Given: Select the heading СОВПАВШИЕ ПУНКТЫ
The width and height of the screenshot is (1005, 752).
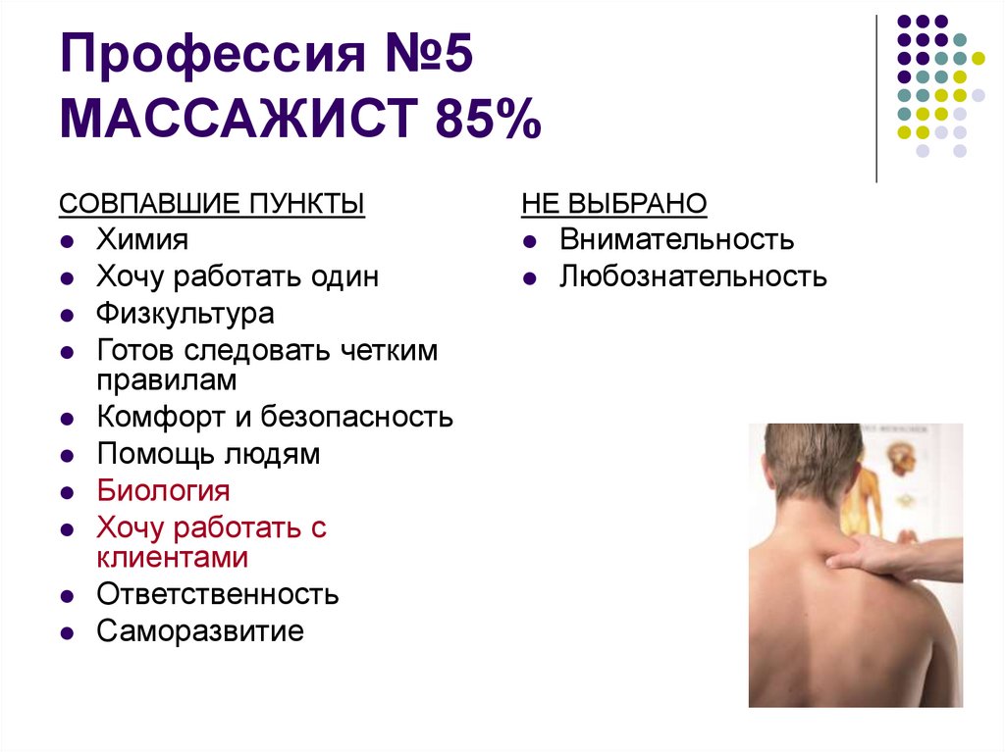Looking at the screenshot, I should (x=212, y=204).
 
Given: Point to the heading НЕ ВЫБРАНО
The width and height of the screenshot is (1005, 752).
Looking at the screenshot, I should (x=614, y=204).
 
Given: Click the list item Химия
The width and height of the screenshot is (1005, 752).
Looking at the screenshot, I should (x=142, y=239).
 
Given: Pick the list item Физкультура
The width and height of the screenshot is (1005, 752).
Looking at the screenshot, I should (x=185, y=314).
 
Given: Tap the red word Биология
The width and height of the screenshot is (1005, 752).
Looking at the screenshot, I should (x=163, y=490).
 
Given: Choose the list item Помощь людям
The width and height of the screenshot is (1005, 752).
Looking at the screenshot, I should (x=208, y=454).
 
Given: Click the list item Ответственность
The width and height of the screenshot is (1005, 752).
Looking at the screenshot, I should (x=218, y=594).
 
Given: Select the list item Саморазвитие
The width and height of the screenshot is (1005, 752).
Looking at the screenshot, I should (x=200, y=630).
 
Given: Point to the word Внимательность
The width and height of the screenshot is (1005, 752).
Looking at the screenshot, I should (x=676, y=239).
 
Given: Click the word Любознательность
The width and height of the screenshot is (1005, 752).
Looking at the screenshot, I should (x=693, y=276).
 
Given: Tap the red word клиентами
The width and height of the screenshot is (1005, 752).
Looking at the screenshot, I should (x=172, y=557).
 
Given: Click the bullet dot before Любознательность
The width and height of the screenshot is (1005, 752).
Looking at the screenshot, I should (x=530, y=278).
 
